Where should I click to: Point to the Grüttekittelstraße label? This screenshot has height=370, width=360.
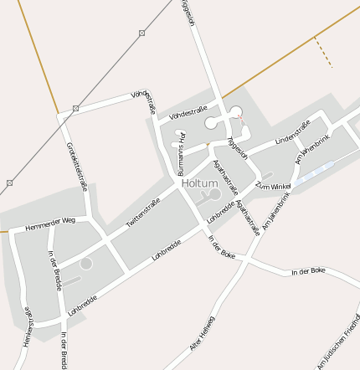77,167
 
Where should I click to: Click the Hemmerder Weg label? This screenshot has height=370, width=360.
50,224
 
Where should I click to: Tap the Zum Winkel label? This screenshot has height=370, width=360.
273,184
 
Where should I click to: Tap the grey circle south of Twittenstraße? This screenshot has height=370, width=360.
86,264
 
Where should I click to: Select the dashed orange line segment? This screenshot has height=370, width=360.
324,53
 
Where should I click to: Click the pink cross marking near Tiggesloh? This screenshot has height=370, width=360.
243,120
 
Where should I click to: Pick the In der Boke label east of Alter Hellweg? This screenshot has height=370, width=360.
306,272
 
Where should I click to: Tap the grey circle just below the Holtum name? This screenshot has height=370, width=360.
215,194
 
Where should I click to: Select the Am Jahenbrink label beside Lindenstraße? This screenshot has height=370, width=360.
308,144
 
